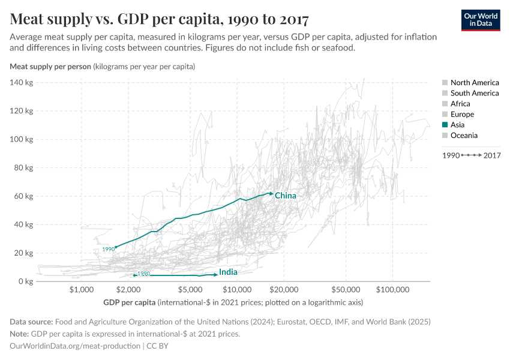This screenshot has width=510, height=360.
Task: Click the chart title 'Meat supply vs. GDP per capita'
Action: point(160,20)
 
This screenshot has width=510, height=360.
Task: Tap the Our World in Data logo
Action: point(480,20)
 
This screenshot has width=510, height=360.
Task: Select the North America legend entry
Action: point(474,83)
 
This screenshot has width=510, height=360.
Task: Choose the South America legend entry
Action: point(474,93)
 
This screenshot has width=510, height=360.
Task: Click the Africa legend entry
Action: point(460,104)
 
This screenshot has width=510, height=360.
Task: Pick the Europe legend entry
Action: point(462,114)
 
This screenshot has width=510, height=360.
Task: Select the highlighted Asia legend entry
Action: point(457,125)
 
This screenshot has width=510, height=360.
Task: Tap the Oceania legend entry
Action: point(464,136)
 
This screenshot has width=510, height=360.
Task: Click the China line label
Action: point(286,196)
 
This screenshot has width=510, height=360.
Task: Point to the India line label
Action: point(228,272)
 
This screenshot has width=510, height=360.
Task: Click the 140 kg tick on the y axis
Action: point(21,82)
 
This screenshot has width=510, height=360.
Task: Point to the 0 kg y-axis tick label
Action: point(25,281)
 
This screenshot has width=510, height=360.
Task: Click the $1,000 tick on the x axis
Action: point(81,290)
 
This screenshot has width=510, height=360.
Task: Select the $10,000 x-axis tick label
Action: point(237,290)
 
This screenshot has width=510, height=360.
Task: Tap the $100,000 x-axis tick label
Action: point(392,290)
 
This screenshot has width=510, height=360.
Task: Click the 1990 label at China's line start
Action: point(108,249)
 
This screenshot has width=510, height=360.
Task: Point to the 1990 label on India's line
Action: point(143,274)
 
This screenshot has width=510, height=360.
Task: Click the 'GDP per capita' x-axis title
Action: point(130,302)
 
